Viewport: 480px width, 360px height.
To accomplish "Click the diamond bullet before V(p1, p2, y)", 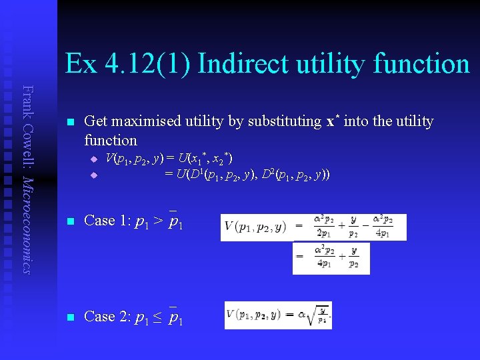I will pyautogui.click(x=94, y=159).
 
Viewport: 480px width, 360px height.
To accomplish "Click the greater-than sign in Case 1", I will pyautogui.click(x=157, y=221).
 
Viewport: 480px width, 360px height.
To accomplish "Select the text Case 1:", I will pyautogui.click(x=109, y=221).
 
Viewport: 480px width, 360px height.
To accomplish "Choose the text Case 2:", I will pyautogui.click(x=109, y=317).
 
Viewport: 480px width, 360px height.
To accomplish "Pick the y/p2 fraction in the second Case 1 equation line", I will pyautogui.click(x=354, y=257).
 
